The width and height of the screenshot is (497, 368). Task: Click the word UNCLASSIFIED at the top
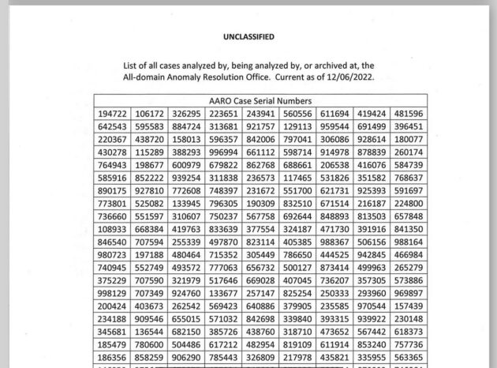click(x=248, y=36)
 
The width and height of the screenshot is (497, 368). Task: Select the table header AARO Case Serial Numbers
click(x=260, y=101)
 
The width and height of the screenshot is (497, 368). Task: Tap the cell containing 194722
click(x=112, y=114)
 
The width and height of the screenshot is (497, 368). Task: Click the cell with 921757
click(x=260, y=126)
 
